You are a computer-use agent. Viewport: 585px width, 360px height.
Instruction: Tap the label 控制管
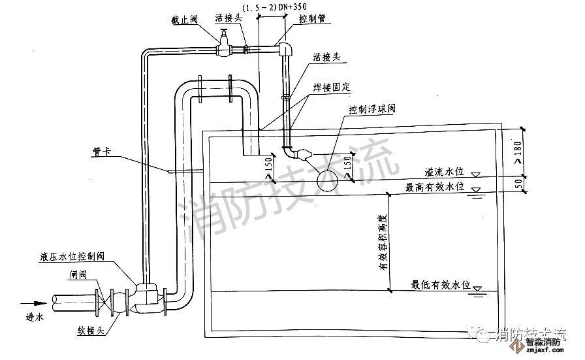click(x=309, y=20)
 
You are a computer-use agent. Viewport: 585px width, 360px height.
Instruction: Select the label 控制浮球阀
click(x=372, y=109)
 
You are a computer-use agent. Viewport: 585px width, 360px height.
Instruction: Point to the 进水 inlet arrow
click(x=33, y=303)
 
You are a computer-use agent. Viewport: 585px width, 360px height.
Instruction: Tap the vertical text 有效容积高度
click(x=383, y=242)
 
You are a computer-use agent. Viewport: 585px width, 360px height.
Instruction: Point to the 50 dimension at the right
click(x=519, y=184)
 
